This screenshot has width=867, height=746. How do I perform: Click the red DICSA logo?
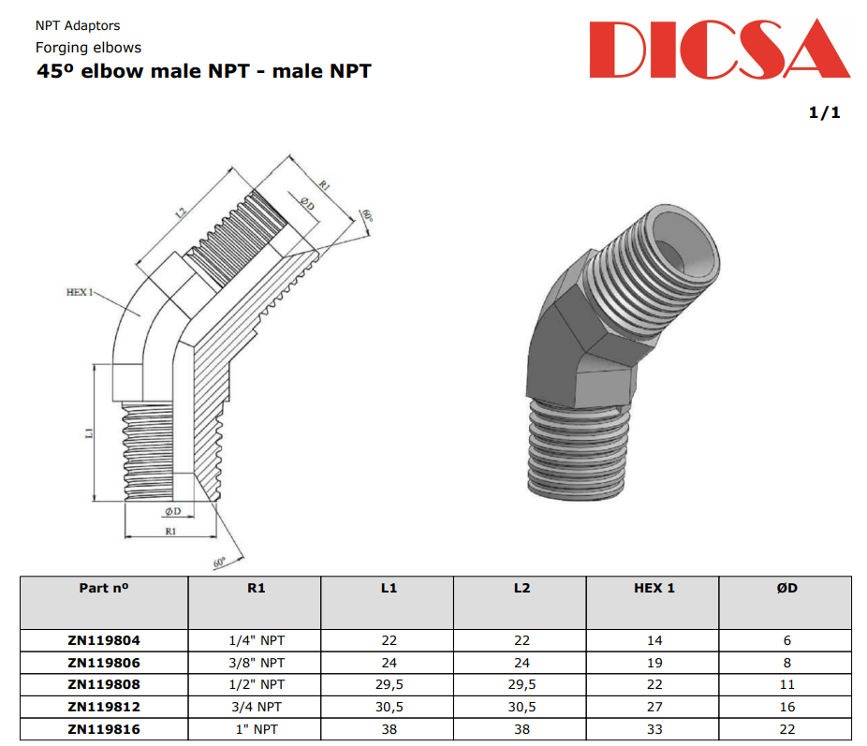(x=719, y=49)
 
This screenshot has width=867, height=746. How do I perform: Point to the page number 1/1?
(x=824, y=112)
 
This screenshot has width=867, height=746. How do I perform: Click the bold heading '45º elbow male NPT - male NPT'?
(x=203, y=70)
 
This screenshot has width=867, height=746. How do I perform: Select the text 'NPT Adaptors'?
(x=78, y=25)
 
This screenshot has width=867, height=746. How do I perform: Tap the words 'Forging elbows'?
(x=88, y=47)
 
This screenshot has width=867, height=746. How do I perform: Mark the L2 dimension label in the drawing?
(x=181, y=213)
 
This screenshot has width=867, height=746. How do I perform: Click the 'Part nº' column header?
(x=104, y=588)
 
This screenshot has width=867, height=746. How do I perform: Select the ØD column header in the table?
(x=786, y=588)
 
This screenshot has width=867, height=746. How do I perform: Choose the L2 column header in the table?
(x=522, y=588)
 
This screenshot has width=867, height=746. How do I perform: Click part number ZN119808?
(x=104, y=684)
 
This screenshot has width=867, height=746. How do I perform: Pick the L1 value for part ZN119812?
(x=389, y=707)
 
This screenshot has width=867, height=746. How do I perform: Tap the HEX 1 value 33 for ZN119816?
(x=654, y=729)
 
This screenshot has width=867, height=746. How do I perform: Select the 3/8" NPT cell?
(x=257, y=662)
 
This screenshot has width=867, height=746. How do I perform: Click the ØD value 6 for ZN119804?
(x=786, y=640)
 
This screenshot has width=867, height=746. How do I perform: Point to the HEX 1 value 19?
(x=654, y=662)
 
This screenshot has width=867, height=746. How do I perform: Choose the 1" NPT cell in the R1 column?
(x=257, y=729)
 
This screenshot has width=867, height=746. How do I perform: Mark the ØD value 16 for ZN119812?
(x=786, y=707)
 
